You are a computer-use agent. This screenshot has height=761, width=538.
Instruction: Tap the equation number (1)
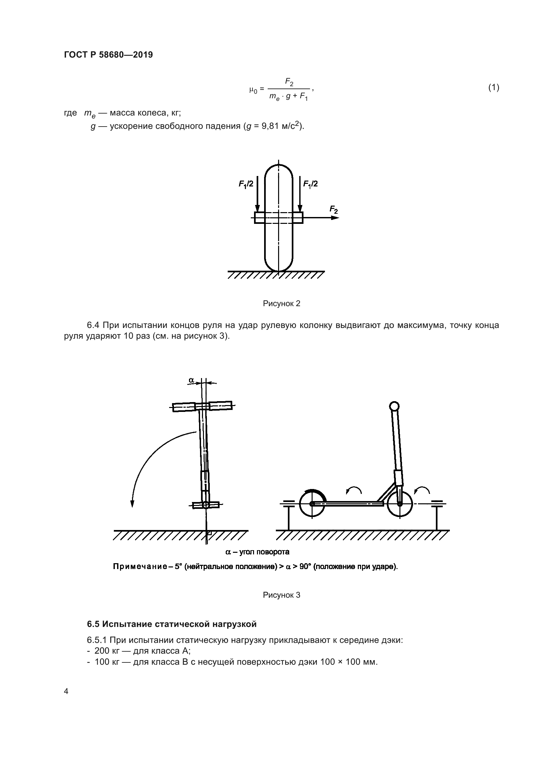click(494, 88)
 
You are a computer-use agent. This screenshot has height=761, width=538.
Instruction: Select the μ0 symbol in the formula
click(253, 89)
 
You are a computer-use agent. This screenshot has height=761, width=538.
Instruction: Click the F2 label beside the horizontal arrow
click(334, 210)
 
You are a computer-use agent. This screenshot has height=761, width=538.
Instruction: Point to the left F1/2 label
click(246, 184)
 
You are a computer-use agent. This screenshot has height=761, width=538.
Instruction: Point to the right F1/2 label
click(310, 184)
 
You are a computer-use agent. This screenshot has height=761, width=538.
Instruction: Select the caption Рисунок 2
click(281, 304)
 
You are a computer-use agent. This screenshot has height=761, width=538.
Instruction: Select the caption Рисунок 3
click(281, 595)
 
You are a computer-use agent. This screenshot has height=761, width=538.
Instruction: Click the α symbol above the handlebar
click(192, 380)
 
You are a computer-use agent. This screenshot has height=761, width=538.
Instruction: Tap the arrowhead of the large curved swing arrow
click(132, 503)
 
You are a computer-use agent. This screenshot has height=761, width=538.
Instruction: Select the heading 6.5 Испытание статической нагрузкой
click(172, 624)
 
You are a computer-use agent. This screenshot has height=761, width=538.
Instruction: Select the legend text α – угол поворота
click(257, 552)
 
